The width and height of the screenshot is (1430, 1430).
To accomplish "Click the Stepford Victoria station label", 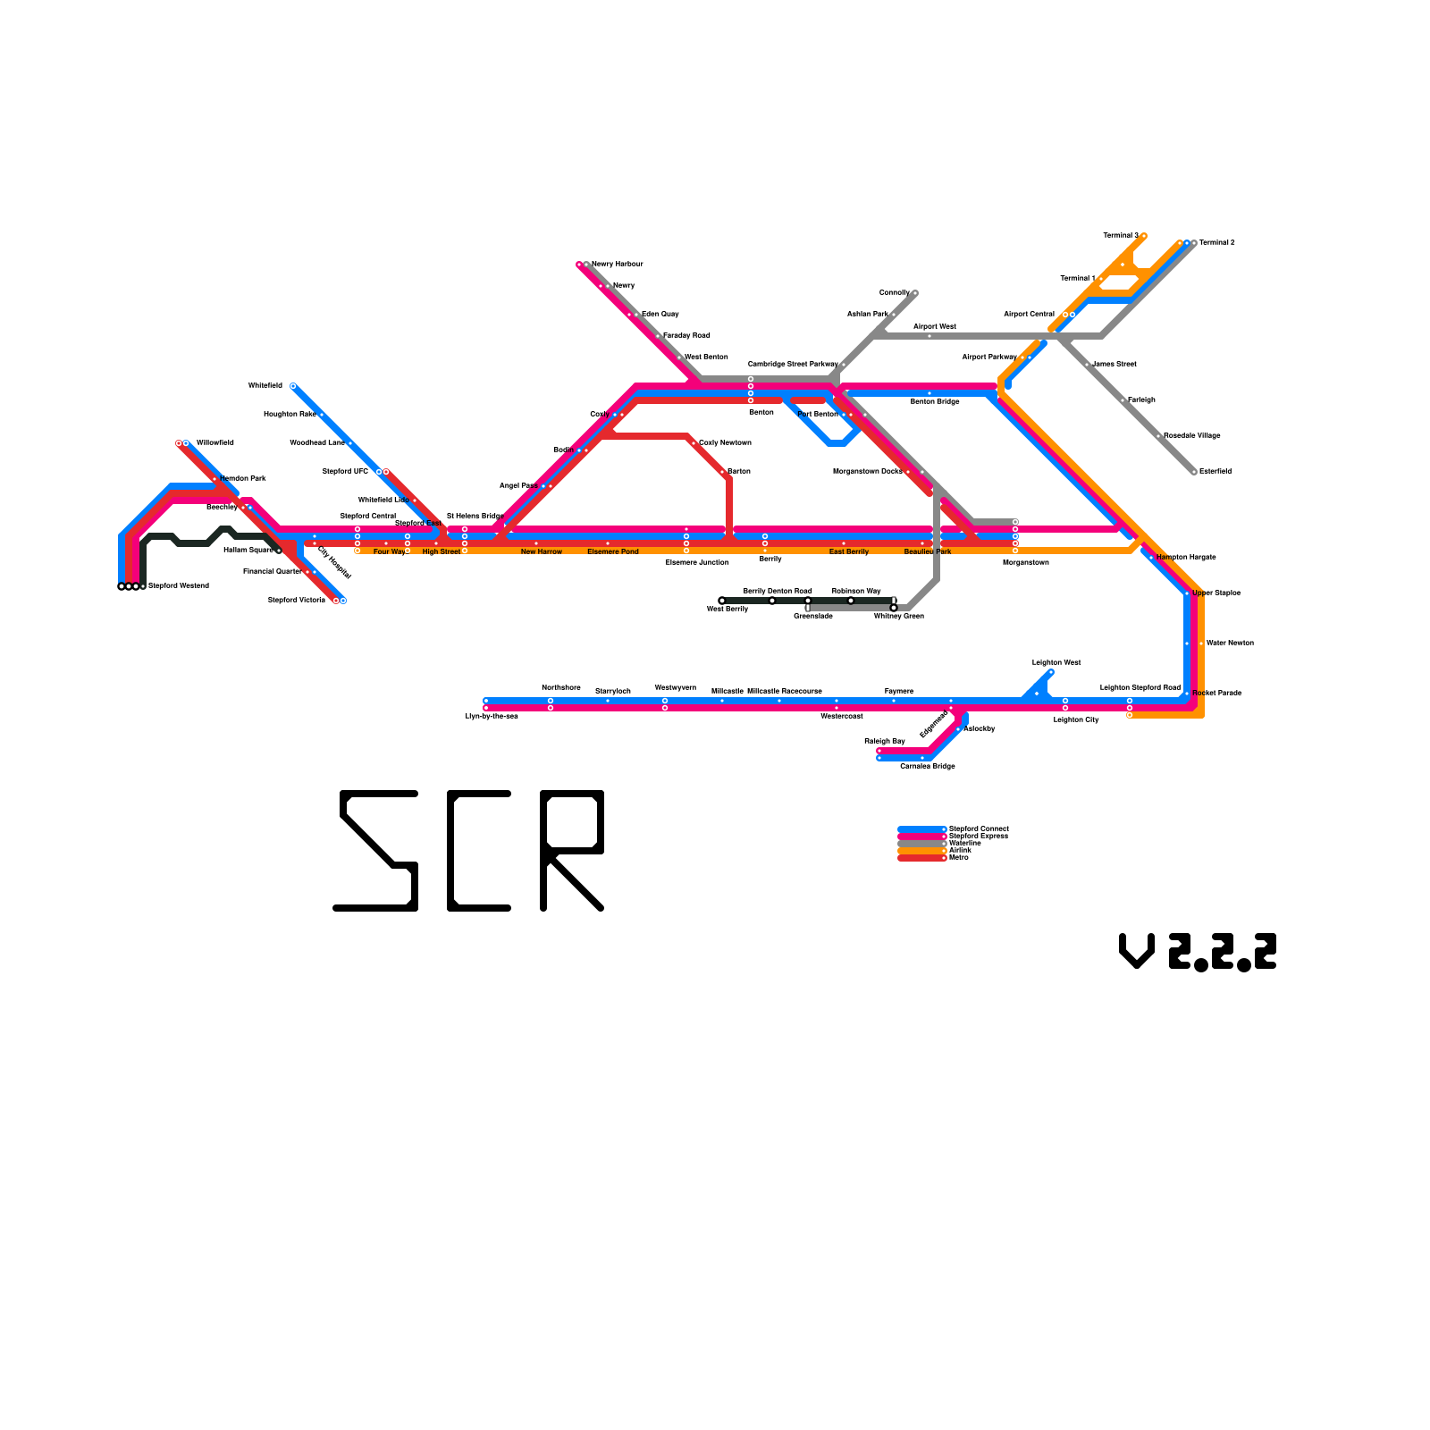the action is click(x=297, y=601).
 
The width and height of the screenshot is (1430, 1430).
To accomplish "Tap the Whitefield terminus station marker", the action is click(x=293, y=386).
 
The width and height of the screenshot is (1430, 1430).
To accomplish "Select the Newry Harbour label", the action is click(x=618, y=265).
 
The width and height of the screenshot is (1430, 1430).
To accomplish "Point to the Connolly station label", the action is click(x=895, y=293).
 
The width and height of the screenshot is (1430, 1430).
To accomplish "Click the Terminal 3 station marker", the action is click(x=1144, y=236).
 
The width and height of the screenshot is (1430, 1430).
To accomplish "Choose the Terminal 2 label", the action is click(x=1217, y=243).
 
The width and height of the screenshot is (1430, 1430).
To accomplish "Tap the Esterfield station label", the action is click(x=1215, y=472).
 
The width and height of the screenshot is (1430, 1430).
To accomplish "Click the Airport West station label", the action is click(x=935, y=327).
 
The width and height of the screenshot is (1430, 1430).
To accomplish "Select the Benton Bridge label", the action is click(x=935, y=402).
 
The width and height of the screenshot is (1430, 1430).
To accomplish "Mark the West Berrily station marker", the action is click(x=722, y=601).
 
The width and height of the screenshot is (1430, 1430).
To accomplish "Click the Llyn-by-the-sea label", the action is click(x=492, y=717).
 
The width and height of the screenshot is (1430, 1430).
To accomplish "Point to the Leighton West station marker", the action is click(x=1051, y=672).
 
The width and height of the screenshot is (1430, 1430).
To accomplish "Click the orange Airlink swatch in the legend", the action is click(x=921, y=851).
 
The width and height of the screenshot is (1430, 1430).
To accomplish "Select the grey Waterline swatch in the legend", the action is click(x=921, y=844).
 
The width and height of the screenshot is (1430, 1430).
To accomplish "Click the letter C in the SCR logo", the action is click(x=479, y=851).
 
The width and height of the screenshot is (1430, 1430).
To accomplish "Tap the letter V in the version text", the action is click(x=1137, y=951).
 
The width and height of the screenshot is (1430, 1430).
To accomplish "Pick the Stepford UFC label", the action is click(x=345, y=472).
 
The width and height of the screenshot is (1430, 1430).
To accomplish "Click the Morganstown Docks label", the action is click(x=867, y=472).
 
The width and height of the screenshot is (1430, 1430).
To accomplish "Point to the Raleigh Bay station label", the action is click(x=885, y=742).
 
